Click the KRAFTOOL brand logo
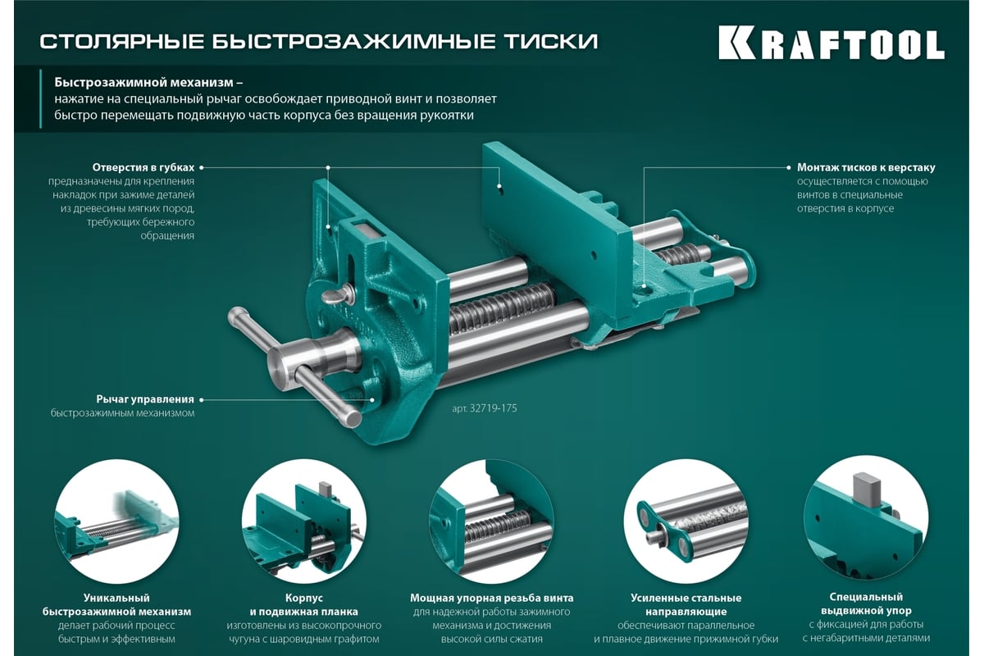[x=831, y=43]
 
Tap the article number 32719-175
[x=485, y=408]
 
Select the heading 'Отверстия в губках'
[x=143, y=167]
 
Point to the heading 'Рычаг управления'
[x=145, y=399]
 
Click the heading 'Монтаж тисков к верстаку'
[x=866, y=167]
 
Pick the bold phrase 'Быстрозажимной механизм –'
[x=148, y=83]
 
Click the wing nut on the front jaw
[x=338, y=295]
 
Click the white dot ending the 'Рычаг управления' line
[x=201, y=400]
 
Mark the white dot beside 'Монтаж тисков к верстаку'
[x=789, y=167]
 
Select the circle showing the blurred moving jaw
[x=116, y=522]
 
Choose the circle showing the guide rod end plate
[x=686, y=522]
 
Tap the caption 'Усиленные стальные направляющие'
[x=686, y=604]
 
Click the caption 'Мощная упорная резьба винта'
[x=491, y=598]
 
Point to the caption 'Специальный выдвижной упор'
[x=866, y=604]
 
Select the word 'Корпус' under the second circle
[x=304, y=598]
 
